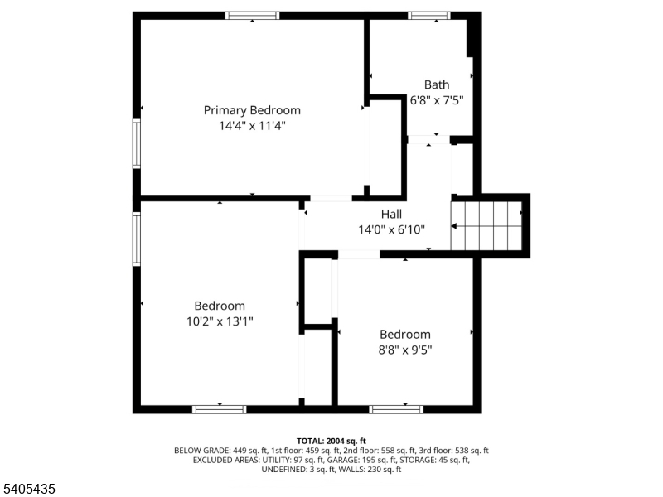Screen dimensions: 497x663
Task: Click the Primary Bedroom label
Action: tap(252, 110)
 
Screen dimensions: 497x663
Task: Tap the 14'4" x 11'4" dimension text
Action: tap(252, 126)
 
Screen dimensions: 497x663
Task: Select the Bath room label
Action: tap(437, 84)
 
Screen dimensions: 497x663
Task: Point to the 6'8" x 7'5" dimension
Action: tap(437, 100)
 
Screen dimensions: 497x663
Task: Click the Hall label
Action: tap(391, 214)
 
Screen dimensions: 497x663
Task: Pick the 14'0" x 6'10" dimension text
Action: tap(391, 229)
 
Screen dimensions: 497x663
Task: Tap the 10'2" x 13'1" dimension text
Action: tap(220, 321)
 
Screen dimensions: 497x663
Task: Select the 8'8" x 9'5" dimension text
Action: tap(405, 350)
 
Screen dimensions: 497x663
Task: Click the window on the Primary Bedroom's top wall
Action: tap(253, 16)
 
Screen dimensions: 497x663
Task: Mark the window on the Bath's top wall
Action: tap(429, 16)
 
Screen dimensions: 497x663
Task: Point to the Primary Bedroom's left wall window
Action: tap(137, 143)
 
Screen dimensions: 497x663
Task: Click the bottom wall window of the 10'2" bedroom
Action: tap(220, 408)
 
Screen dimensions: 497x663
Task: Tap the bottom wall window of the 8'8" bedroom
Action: tap(396, 408)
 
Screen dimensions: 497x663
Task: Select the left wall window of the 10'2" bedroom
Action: tap(137, 239)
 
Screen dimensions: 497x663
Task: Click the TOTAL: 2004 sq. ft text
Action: tap(331, 441)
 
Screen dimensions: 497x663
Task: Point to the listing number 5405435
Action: tap(30, 490)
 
